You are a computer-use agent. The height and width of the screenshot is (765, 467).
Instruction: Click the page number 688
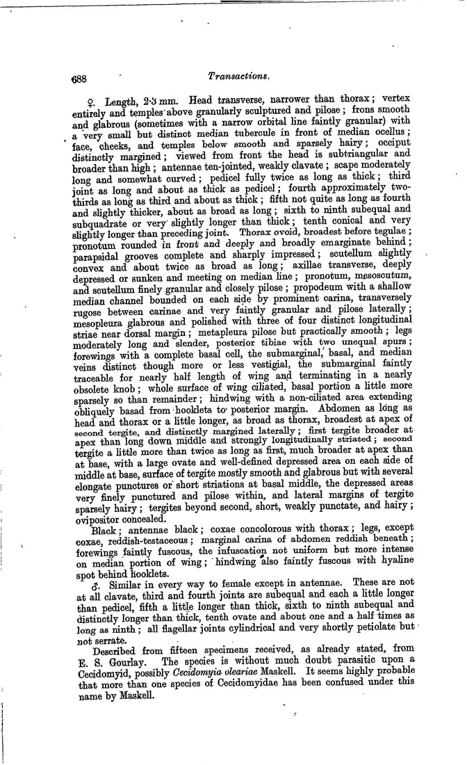(81, 79)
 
